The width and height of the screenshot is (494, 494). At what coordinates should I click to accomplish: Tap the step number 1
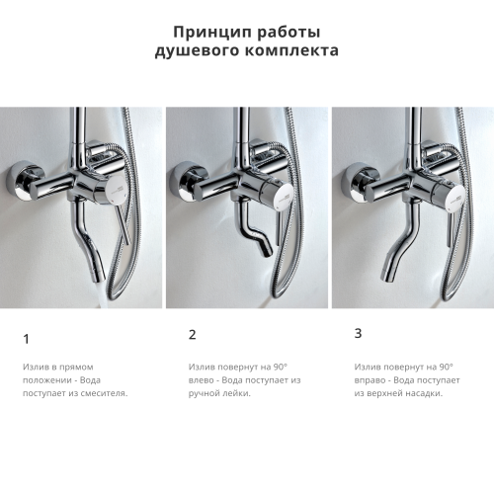pyautogui.click(x=26, y=339)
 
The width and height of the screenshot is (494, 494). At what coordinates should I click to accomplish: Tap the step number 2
pyautogui.click(x=192, y=335)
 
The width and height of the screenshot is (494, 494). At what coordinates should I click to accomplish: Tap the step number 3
pyautogui.click(x=358, y=333)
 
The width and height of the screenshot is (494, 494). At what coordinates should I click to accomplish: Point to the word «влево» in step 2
pyautogui.click(x=202, y=379)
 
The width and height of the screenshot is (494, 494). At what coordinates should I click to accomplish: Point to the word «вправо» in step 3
pyautogui.click(x=370, y=379)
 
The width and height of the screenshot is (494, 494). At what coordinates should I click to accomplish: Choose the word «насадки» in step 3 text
pyautogui.click(x=422, y=393)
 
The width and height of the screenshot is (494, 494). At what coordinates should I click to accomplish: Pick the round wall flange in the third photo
pyautogui.click(x=353, y=181)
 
